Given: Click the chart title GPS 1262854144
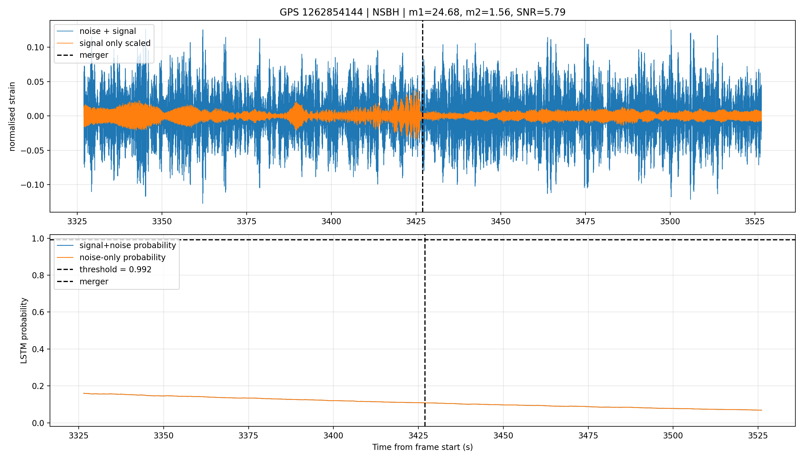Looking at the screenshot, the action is click(x=321, y=12).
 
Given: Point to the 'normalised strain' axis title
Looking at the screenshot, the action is click(x=12, y=116).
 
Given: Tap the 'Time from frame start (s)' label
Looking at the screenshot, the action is click(x=422, y=447).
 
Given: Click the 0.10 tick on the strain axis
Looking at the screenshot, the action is click(x=35, y=47).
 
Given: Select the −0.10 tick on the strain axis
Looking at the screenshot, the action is click(x=32, y=185).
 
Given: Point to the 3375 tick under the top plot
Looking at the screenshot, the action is click(x=246, y=221).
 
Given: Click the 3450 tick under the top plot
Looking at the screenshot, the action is click(x=500, y=221).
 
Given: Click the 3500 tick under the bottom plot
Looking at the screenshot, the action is click(x=673, y=436).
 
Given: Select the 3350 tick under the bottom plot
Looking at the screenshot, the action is click(x=163, y=436).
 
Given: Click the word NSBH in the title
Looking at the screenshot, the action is click(x=386, y=12).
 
